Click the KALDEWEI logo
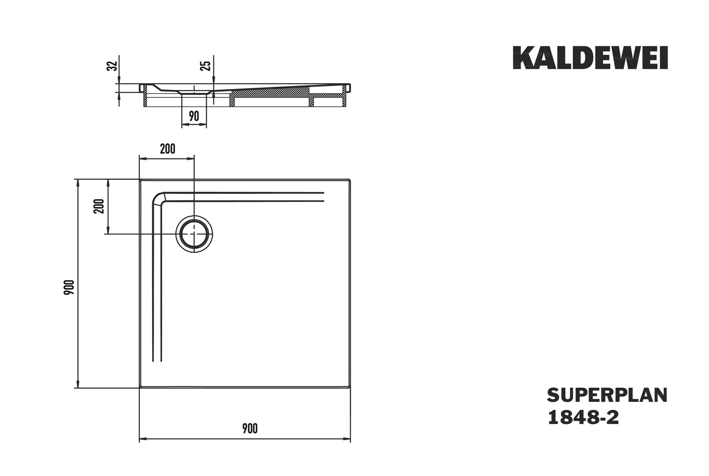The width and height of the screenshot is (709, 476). (590, 58)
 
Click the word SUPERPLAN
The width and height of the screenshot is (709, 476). (607, 395)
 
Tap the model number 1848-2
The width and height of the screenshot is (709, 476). (583, 417)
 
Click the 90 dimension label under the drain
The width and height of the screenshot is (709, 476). (194, 116)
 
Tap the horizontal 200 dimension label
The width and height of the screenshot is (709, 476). (167, 149)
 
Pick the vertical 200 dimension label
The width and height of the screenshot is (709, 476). (100, 206)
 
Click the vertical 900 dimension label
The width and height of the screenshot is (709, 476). (69, 287)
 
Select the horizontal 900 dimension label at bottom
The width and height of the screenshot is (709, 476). (250, 428)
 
